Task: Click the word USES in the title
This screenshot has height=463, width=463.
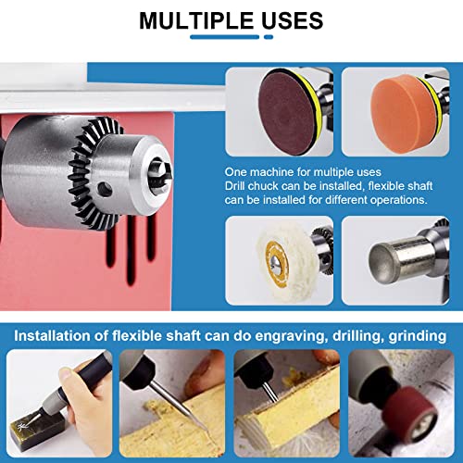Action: point(289,20)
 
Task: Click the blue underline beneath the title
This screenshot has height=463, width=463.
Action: point(231,39)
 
